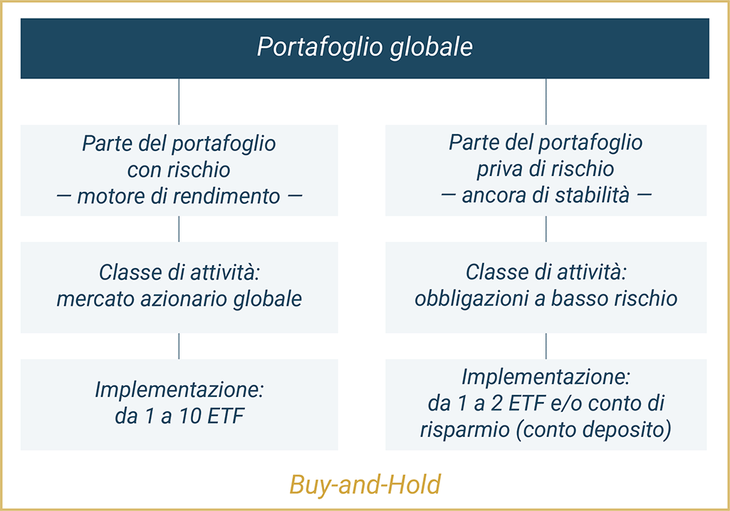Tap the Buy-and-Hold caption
365,485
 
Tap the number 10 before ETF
190,416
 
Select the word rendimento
226,196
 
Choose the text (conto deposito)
593,430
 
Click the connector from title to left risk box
179,101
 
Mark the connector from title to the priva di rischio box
546,101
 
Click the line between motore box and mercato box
179,229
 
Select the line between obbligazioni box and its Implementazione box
546,346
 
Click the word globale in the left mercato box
268,299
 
